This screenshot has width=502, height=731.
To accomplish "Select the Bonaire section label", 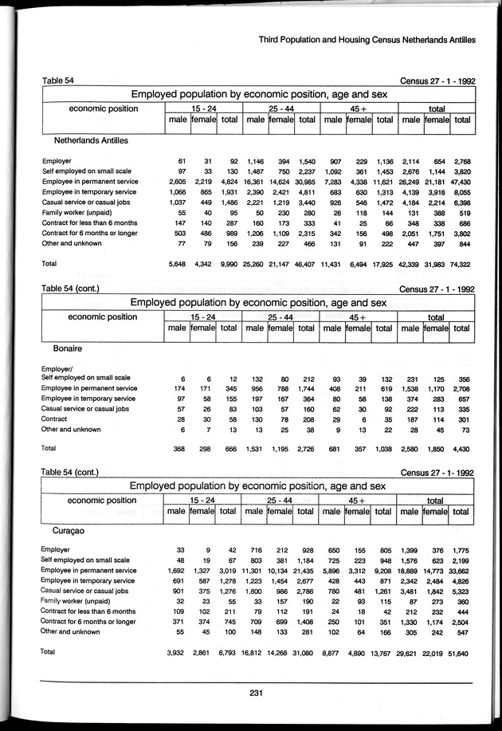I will (68, 348).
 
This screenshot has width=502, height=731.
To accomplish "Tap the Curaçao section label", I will (71, 529).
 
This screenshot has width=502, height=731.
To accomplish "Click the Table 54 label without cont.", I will (58, 80).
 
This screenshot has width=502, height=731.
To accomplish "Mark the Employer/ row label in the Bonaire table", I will (60, 368).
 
